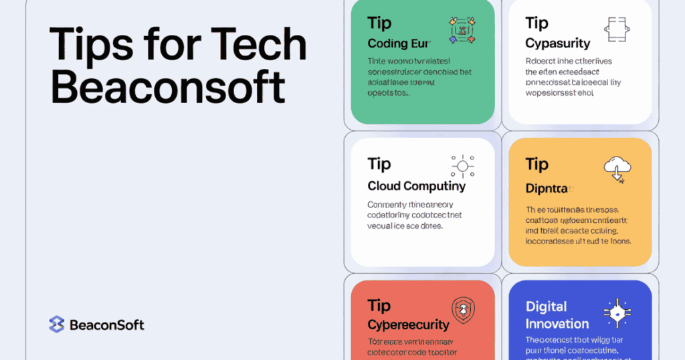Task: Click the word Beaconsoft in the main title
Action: (168, 88)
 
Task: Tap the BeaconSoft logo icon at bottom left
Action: (56, 325)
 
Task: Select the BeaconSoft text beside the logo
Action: (107, 325)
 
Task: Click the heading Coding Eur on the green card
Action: (397, 43)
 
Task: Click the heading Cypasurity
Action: (558, 43)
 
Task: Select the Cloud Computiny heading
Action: (416, 185)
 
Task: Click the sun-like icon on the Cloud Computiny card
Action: (462, 166)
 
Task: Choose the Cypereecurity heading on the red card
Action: (408, 325)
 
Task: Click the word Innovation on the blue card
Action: (557, 324)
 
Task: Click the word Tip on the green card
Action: (379, 23)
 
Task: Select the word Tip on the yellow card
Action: (537, 164)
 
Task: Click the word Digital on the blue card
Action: (547, 306)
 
